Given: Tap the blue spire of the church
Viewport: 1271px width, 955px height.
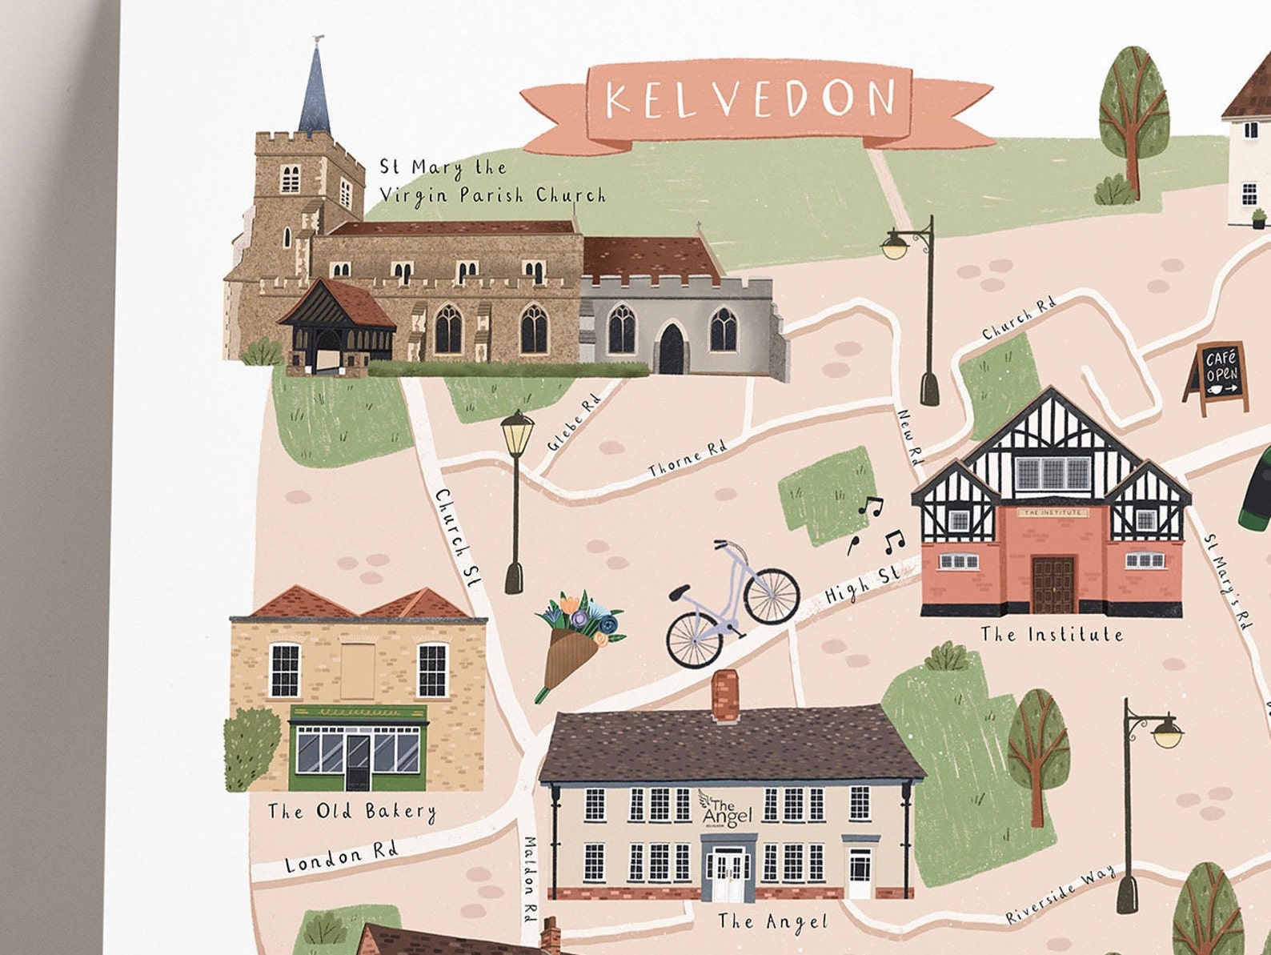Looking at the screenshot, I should pyautogui.click(x=315, y=94).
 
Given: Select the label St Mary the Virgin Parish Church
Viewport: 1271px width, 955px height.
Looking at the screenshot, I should pyautogui.click(x=491, y=181).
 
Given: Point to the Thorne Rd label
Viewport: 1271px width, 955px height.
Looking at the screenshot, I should pyautogui.click(x=688, y=458).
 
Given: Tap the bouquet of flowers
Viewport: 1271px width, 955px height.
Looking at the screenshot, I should pyautogui.click(x=576, y=640).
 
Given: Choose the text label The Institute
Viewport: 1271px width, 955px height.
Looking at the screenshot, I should pyautogui.click(x=1052, y=635).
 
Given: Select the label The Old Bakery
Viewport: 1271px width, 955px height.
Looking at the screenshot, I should pyautogui.click(x=352, y=811).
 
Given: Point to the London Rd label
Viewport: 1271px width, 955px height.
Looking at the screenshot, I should pyautogui.click(x=342, y=857).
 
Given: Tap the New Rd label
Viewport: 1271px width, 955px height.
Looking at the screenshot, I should pyautogui.click(x=911, y=437).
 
